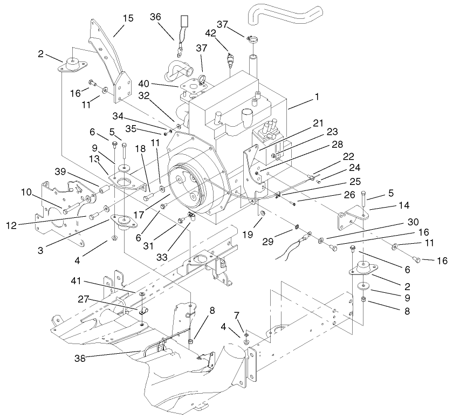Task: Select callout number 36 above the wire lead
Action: [x=155, y=17]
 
